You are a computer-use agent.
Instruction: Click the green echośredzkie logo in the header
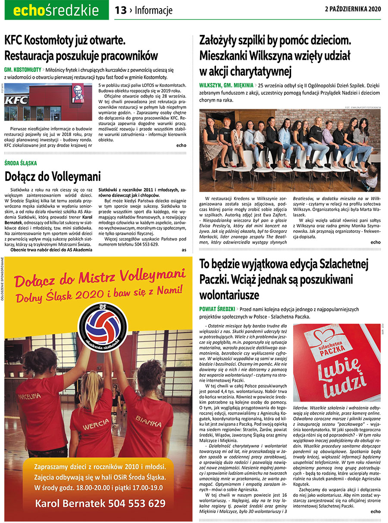tap(56, 10)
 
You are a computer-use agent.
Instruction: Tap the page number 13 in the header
tap(121, 10)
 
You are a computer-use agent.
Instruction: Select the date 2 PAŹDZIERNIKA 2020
tap(353, 9)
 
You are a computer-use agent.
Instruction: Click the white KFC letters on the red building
tap(16, 100)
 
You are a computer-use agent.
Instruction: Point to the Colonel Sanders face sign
tap(78, 94)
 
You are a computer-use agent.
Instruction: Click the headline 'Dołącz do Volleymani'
tap(53, 176)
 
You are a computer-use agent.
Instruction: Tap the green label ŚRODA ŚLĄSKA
tap(21, 163)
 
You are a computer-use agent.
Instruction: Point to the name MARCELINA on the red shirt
tap(31, 396)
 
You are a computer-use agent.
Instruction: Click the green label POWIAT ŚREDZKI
tap(217, 309)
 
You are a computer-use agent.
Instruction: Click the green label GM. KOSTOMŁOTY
tap(22, 69)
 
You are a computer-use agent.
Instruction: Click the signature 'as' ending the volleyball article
tap(184, 250)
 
